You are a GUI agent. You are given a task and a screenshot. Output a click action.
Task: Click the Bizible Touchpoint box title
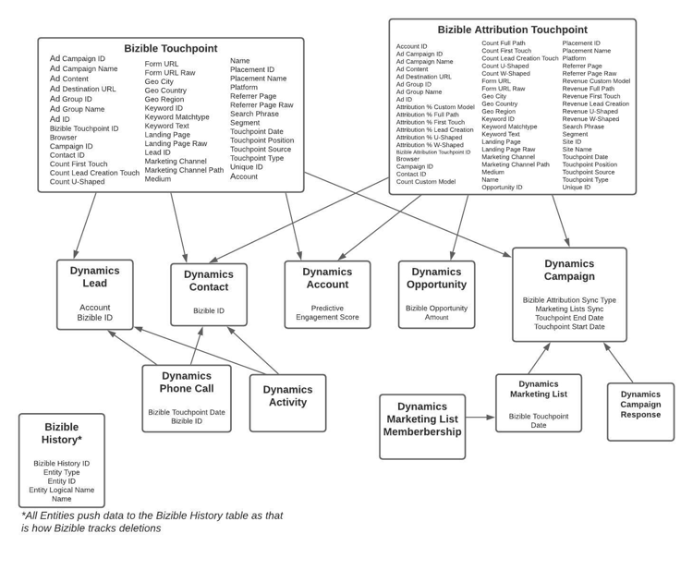171,49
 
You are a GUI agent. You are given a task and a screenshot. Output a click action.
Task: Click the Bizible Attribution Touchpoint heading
512,30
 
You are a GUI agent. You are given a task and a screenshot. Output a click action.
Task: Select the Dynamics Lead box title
95,277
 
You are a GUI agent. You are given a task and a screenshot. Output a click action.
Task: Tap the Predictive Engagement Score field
327,312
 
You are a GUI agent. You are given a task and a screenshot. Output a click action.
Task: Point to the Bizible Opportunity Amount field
436,312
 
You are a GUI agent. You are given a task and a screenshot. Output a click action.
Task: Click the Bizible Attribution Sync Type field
569,300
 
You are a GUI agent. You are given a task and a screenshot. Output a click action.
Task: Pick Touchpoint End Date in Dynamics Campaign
569,318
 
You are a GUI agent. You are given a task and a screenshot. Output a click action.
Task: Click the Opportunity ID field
502,188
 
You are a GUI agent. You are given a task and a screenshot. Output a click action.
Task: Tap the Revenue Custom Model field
596,81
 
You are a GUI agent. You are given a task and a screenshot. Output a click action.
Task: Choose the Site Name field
577,149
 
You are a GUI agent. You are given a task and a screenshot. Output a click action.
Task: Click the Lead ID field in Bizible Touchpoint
158,152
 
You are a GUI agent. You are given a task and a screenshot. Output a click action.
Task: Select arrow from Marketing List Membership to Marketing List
480,418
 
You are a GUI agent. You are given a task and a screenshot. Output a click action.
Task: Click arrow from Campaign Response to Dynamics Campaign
619,363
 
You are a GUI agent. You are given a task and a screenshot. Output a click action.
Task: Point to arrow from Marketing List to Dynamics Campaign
540,358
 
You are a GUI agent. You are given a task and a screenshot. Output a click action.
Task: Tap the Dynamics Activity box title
287,395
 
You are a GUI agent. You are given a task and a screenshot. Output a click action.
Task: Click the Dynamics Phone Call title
187,382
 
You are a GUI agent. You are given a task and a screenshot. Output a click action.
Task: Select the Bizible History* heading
62,433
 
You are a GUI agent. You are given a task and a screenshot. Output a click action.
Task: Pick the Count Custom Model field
426,182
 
